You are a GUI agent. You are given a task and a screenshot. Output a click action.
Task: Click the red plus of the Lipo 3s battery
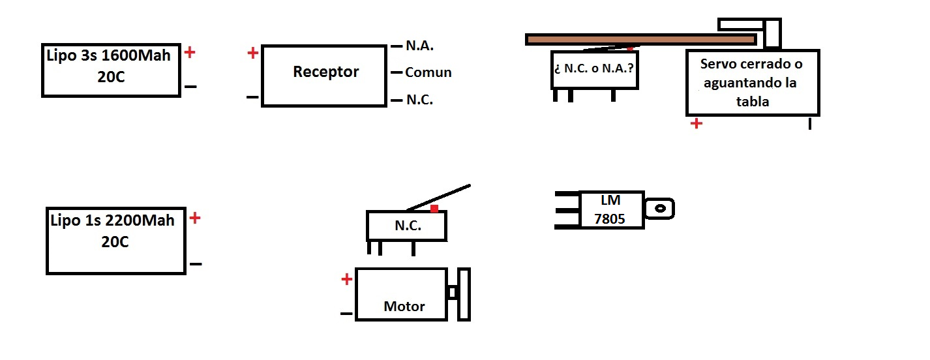click(190, 53)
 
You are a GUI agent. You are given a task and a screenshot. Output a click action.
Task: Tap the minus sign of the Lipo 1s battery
click(196, 264)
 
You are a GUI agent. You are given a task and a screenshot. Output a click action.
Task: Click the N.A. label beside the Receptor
click(419, 46)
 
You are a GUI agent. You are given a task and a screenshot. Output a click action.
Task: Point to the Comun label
click(428, 72)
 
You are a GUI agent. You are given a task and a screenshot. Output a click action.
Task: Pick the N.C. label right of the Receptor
click(419, 100)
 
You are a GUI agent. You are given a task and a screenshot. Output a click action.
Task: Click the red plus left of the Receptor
click(253, 53)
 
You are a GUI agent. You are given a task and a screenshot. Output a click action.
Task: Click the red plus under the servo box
click(697, 123)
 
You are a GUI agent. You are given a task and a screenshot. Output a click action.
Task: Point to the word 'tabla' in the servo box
click(754, 101)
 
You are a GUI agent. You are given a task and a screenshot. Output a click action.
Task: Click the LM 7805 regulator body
click(611, 210)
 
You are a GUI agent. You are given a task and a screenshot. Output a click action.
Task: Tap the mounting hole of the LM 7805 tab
click(660, 209)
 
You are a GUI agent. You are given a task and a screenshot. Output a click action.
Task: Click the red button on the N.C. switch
click(434, 208)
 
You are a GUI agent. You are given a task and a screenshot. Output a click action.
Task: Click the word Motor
click(404, 306)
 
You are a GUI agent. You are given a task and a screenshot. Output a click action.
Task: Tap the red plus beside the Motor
click(347, 280)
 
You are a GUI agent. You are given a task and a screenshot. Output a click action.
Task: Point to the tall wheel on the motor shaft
click(464, 294)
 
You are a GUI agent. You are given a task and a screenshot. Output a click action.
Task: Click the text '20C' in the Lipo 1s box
click(115, 242)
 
